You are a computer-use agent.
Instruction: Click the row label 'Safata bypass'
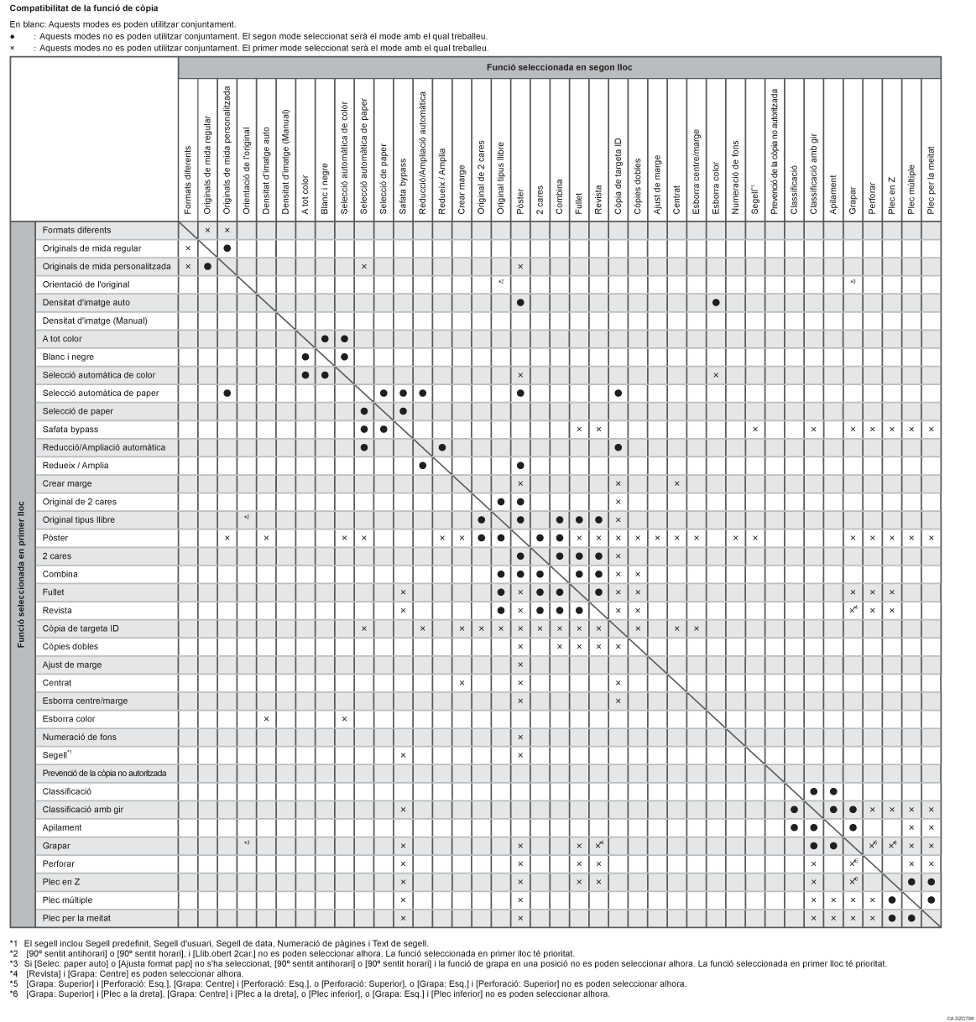(70, 430)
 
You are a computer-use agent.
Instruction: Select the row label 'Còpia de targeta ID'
(81, 628)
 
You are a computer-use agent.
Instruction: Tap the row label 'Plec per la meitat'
(76, 918)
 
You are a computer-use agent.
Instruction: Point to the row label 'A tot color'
(62, 339)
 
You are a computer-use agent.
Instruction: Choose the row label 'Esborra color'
(69, 719)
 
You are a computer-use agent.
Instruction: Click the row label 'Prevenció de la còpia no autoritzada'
(104, 773)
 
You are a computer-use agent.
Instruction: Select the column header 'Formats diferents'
(188, 180)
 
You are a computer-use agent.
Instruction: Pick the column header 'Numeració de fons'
(735, 177)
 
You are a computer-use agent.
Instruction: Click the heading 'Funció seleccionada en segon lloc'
(559, 67)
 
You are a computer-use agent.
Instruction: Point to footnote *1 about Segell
(218, 943)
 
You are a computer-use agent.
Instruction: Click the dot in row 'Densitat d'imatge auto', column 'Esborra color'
(716, 302)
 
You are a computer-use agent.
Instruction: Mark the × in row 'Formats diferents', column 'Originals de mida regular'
(207, 230)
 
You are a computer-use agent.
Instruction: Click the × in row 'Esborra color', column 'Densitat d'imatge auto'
(266, 719)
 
